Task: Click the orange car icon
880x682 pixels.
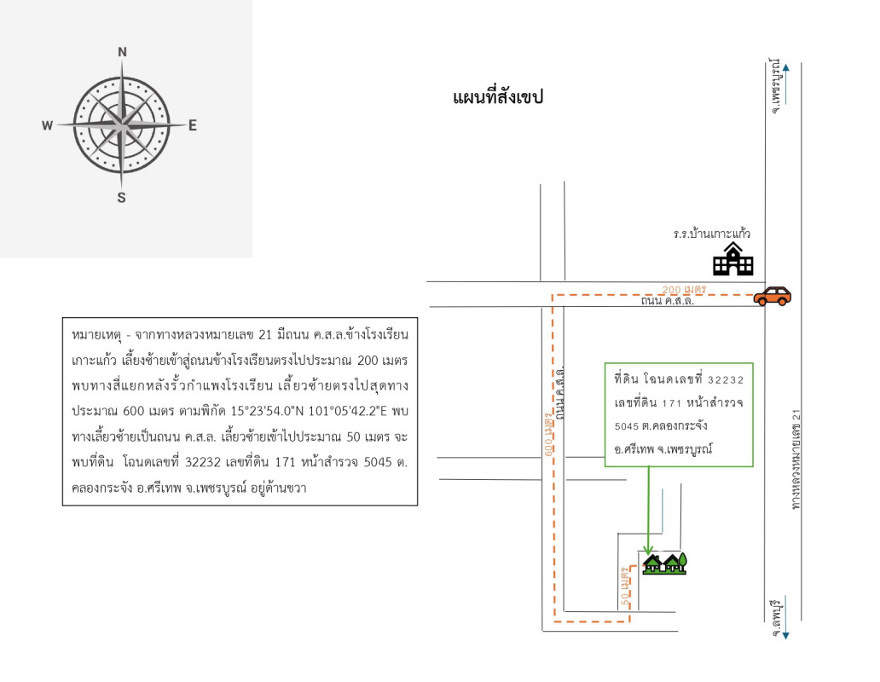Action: point(773,296)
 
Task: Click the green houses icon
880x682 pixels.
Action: point(665,564)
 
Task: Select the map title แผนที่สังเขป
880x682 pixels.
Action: point(498,97)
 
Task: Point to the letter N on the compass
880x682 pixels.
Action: point(122,52)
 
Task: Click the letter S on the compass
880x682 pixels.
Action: point(121,198)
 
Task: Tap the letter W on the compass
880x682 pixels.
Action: point(48,125)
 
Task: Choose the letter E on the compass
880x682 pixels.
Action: point(193,125)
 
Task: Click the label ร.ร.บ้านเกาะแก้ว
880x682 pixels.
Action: point(711,233)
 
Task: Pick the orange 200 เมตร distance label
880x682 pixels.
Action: point(685,290)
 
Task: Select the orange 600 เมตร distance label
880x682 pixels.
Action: point(547,434)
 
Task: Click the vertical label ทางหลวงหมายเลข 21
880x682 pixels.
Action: point(796,459)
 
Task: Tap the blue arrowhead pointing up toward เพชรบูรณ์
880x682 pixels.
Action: point(785,66)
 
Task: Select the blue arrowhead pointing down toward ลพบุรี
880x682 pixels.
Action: point(785,636)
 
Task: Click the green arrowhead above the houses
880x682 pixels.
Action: point(649,549)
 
